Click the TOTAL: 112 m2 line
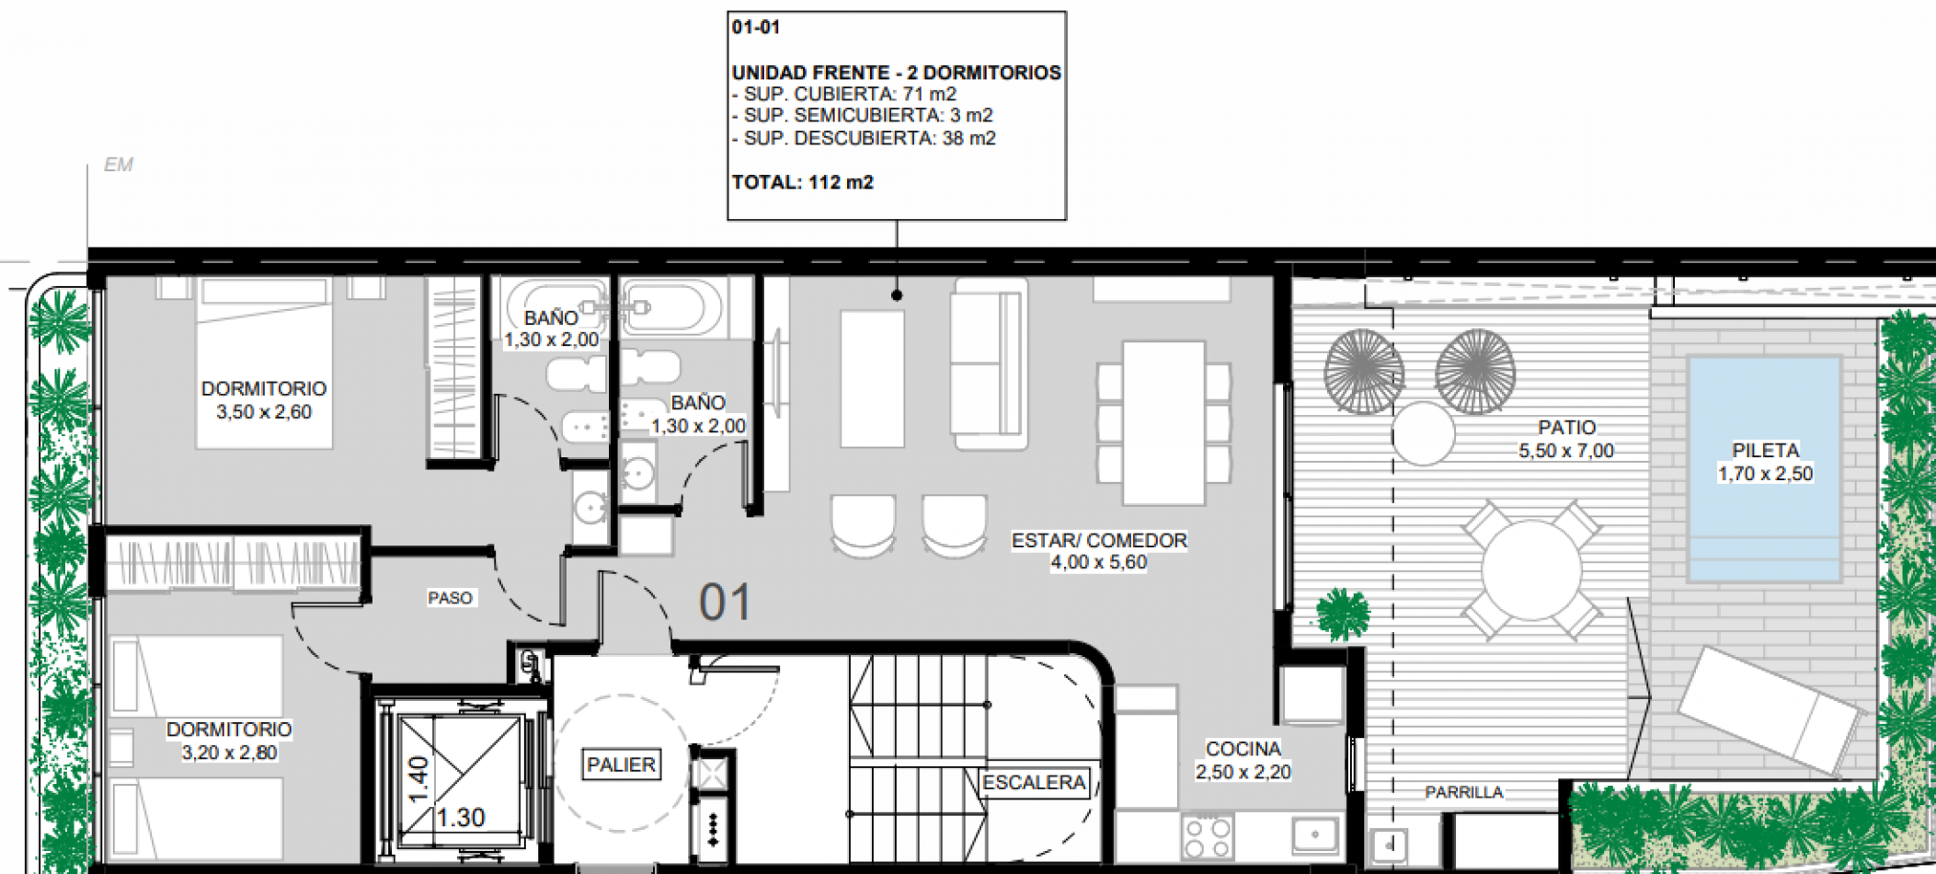[x=802, y=182]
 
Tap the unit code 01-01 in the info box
[x=756, y=28]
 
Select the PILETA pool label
[x=1765, y=451]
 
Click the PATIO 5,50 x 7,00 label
[x=1566, y=439]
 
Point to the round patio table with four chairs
[x=1531, y=569]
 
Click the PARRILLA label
[x=1463, y=792]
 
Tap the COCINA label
[x=1243, y=749]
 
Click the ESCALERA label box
[x=1034, y=783]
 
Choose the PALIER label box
[x=622, y=765]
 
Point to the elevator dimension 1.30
[x=461, y=817]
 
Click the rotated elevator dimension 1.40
[x=418, y=778]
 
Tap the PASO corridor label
[x=450, y=598]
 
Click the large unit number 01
[x=725, y=603]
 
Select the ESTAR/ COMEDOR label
[x=1099, y=541]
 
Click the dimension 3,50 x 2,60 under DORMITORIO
[x=264, y=412]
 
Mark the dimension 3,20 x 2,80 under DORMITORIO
[x=229, y=753]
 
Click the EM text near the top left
[x=119, y=165]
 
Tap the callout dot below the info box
[x=897, y=295]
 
